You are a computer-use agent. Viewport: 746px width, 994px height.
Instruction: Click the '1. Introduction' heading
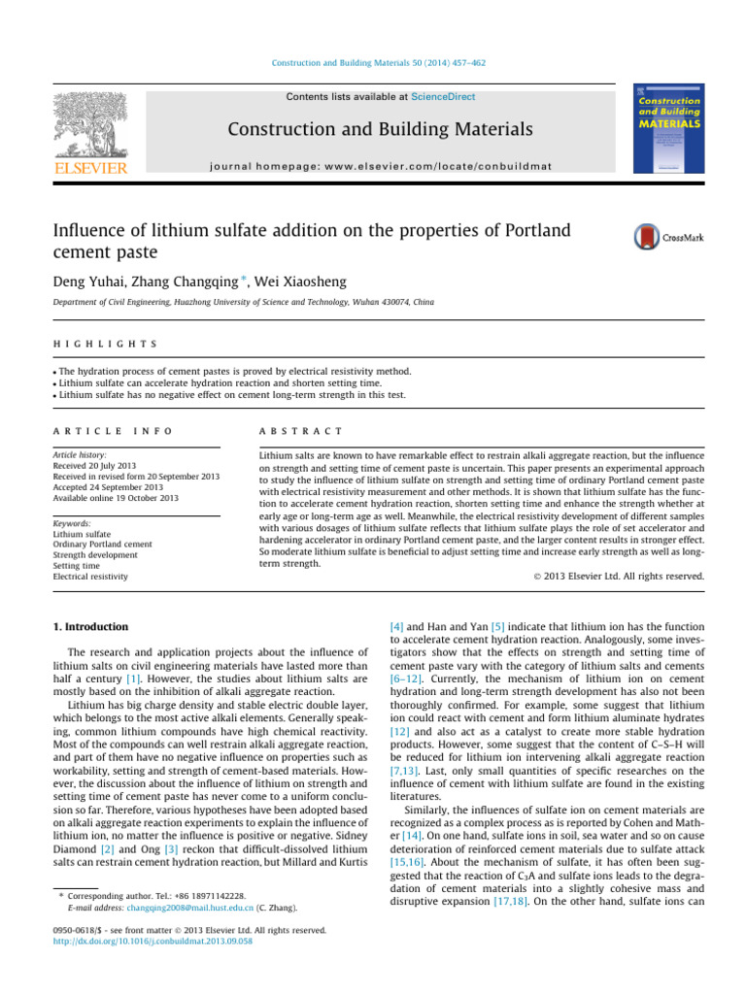coord(91,627)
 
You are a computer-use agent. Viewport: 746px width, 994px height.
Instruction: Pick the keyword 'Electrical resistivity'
coord(89,577)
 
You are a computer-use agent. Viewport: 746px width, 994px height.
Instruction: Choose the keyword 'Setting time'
coord(76,564)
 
